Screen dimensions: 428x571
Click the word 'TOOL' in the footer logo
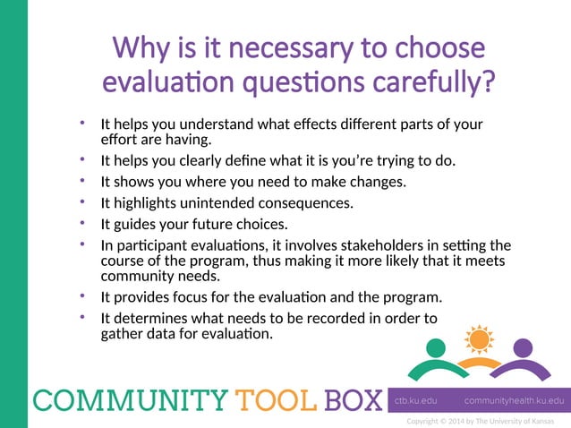[274, 398]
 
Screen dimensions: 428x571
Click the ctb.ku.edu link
[418, 400]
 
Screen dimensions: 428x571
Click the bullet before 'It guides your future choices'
[83, 223]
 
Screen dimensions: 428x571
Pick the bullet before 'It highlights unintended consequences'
[83, 202]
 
